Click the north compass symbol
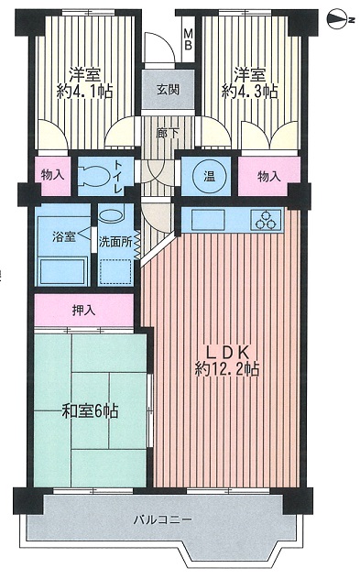(x=338, y=19)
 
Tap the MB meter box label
(x=189, y=39)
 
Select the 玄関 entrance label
(x=168, y=90)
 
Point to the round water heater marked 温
(x=210, y=176)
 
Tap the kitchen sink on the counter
(x=208, y=219)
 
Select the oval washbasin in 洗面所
(x=112, y=215)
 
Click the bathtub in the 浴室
(x=62, y=271)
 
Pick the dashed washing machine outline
(x=116, y=271)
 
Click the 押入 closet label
(x=83, y=311)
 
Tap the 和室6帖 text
(x=90, y=410)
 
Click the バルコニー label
(x=162, y=520)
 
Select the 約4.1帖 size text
(x=84, y=91)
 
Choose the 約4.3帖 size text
(x=249, y=91)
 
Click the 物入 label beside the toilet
(x=52, y=175)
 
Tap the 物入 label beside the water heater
(x=268, y=177)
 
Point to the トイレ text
(x=119, y=177)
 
